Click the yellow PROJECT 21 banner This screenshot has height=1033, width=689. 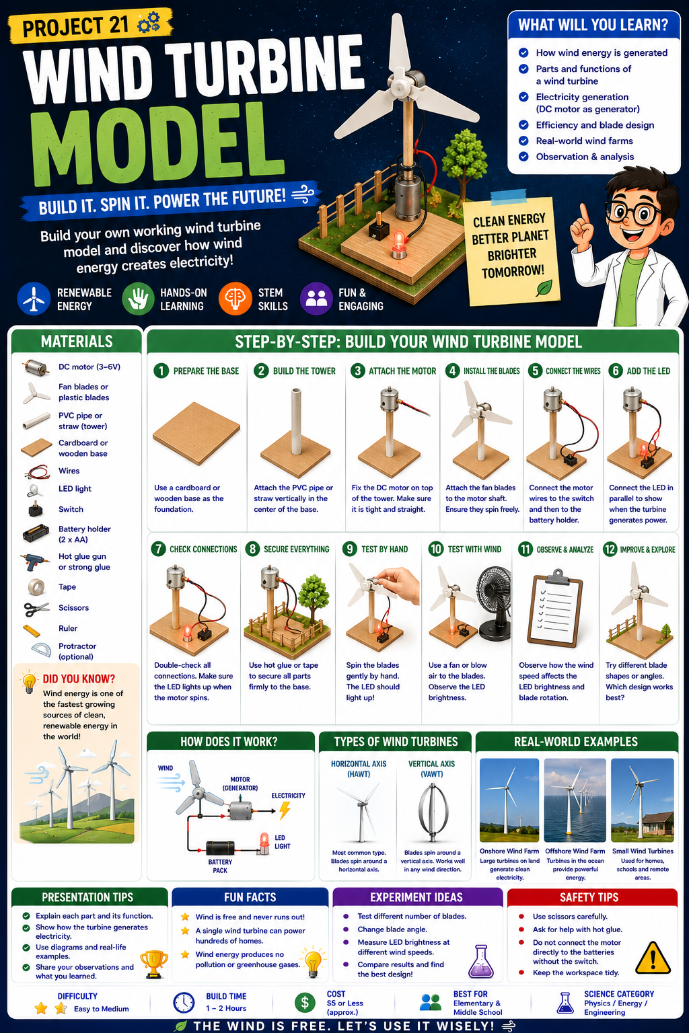[x=90, y=26]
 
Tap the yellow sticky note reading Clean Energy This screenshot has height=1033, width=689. [x=511, y=251]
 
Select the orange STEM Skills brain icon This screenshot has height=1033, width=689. [x=235, y=299]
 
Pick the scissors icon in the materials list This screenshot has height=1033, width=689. [x=36, y=609]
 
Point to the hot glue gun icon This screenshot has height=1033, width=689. [x=34, y=562]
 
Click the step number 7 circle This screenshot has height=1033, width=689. [x=158, y=549]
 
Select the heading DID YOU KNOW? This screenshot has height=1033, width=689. [x=79, y=679]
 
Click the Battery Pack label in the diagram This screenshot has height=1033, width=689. [x=220, y=866]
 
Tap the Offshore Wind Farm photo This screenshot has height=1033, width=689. [x=575, y=800]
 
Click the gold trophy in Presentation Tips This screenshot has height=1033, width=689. [x=153, y=963]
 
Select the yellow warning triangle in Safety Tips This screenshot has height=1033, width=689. [x=653, y=958]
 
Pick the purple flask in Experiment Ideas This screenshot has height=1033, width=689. [x=481, y=962]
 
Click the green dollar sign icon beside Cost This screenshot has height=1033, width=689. [x=305, y=1003]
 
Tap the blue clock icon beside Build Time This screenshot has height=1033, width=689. [x=184, y=1003]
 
